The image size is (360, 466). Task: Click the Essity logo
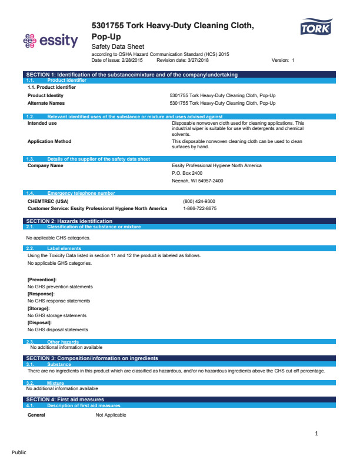pyautogui.click(x=50, y=41)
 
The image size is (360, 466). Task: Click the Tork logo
pyautogui.click(x=316, y=27)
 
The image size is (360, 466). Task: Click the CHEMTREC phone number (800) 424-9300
pyautogui.click(x=199, y=201)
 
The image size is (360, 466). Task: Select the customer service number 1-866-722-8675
pyautogui.click(x=199, y=208)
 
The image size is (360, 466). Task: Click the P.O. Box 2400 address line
pyautogui.click(x=187, y=173)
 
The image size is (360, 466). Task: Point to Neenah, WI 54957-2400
pyautogui.click(x=198, y=181)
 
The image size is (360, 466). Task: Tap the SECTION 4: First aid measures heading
pyautogui.click(x=65, y=400)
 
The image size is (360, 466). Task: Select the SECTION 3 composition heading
pyautogui.click(x=92, y=358)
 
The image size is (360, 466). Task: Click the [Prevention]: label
pyautogui.click(x=42, y=279)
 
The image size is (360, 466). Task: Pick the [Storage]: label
pyautogui.click(x=39, y=308)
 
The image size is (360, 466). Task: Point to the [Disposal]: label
pyautogui.click(x=40, y=322)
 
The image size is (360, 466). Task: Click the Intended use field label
pyautogui.click(x=42, y=123)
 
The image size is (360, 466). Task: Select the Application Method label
pyautogui.click(x=49, y=141)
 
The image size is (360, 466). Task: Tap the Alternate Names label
pyautogui.click(x=46, y=103)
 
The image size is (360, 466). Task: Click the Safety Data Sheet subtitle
pyautogui.click(x=118, y=46)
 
